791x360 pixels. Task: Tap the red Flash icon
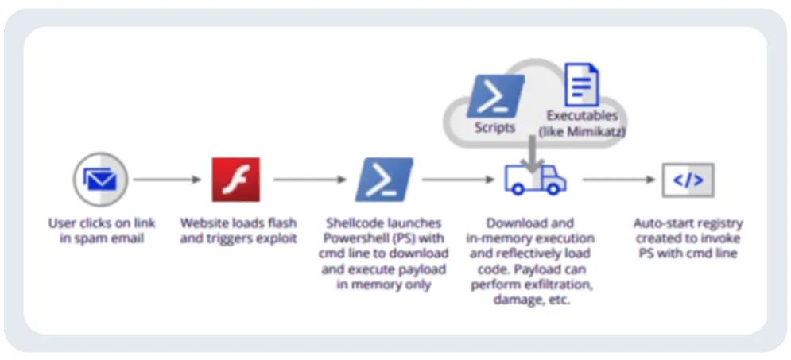point(235,180)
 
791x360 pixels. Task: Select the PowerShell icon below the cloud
point(384,180)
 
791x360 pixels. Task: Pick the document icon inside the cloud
point(581,86)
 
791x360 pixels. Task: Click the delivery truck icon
point(534,180)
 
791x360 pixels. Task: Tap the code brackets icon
point(688,180)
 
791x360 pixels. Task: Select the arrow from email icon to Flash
point(167,180)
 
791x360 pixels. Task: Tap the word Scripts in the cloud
point(494,127)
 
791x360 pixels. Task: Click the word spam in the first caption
point(92,238)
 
